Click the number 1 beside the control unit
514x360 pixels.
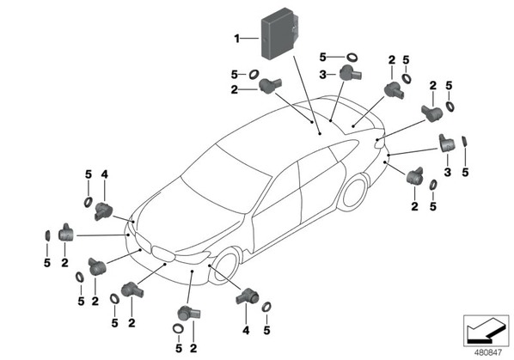click(236, 39)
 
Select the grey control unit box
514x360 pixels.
click(280, 34)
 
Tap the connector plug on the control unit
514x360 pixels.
click(296, 27)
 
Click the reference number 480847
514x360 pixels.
click(488, 352)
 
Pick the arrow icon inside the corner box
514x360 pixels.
click(486, 331)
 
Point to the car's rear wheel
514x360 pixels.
click(353, 192)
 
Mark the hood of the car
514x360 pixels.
click(190, 223)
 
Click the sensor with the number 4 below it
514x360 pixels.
click(248, 296)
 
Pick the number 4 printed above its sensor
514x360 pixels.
click(104, 174)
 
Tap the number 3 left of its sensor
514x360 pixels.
click(322, 75)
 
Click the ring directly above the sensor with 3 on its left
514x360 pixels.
click(352, 57)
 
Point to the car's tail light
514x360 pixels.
click(379, 143)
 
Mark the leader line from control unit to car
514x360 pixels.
click(307, 95)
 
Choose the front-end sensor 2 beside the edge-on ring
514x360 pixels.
click(66, 233)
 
